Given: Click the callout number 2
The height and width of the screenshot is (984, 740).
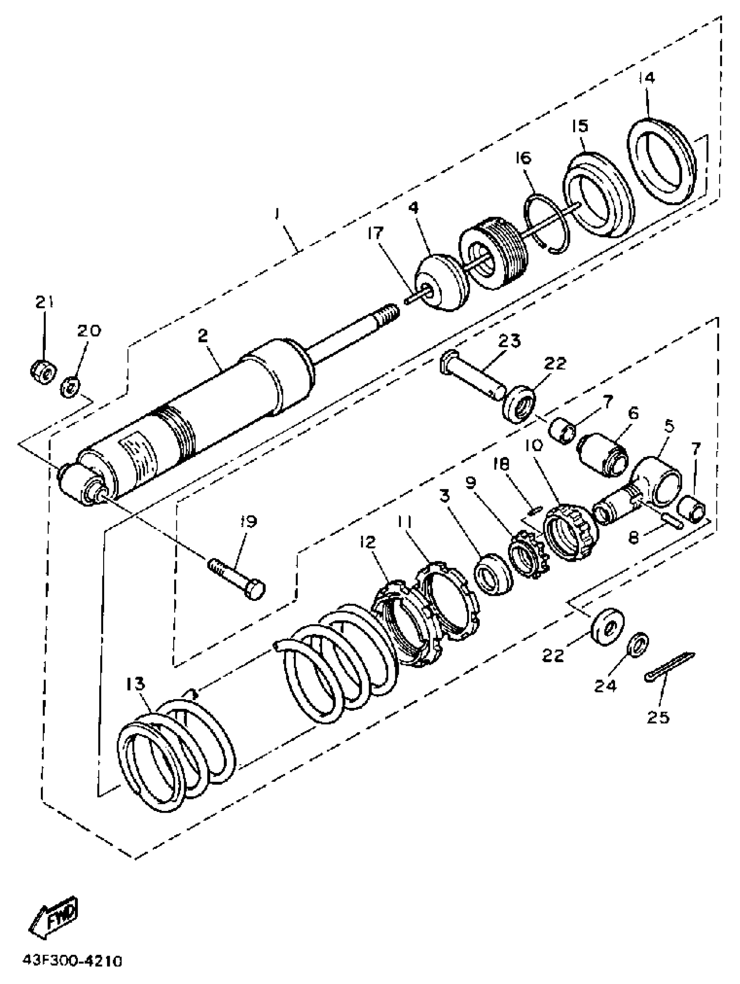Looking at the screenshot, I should click(203, 335).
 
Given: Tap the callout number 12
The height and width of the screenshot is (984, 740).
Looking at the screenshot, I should click(369, 542).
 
